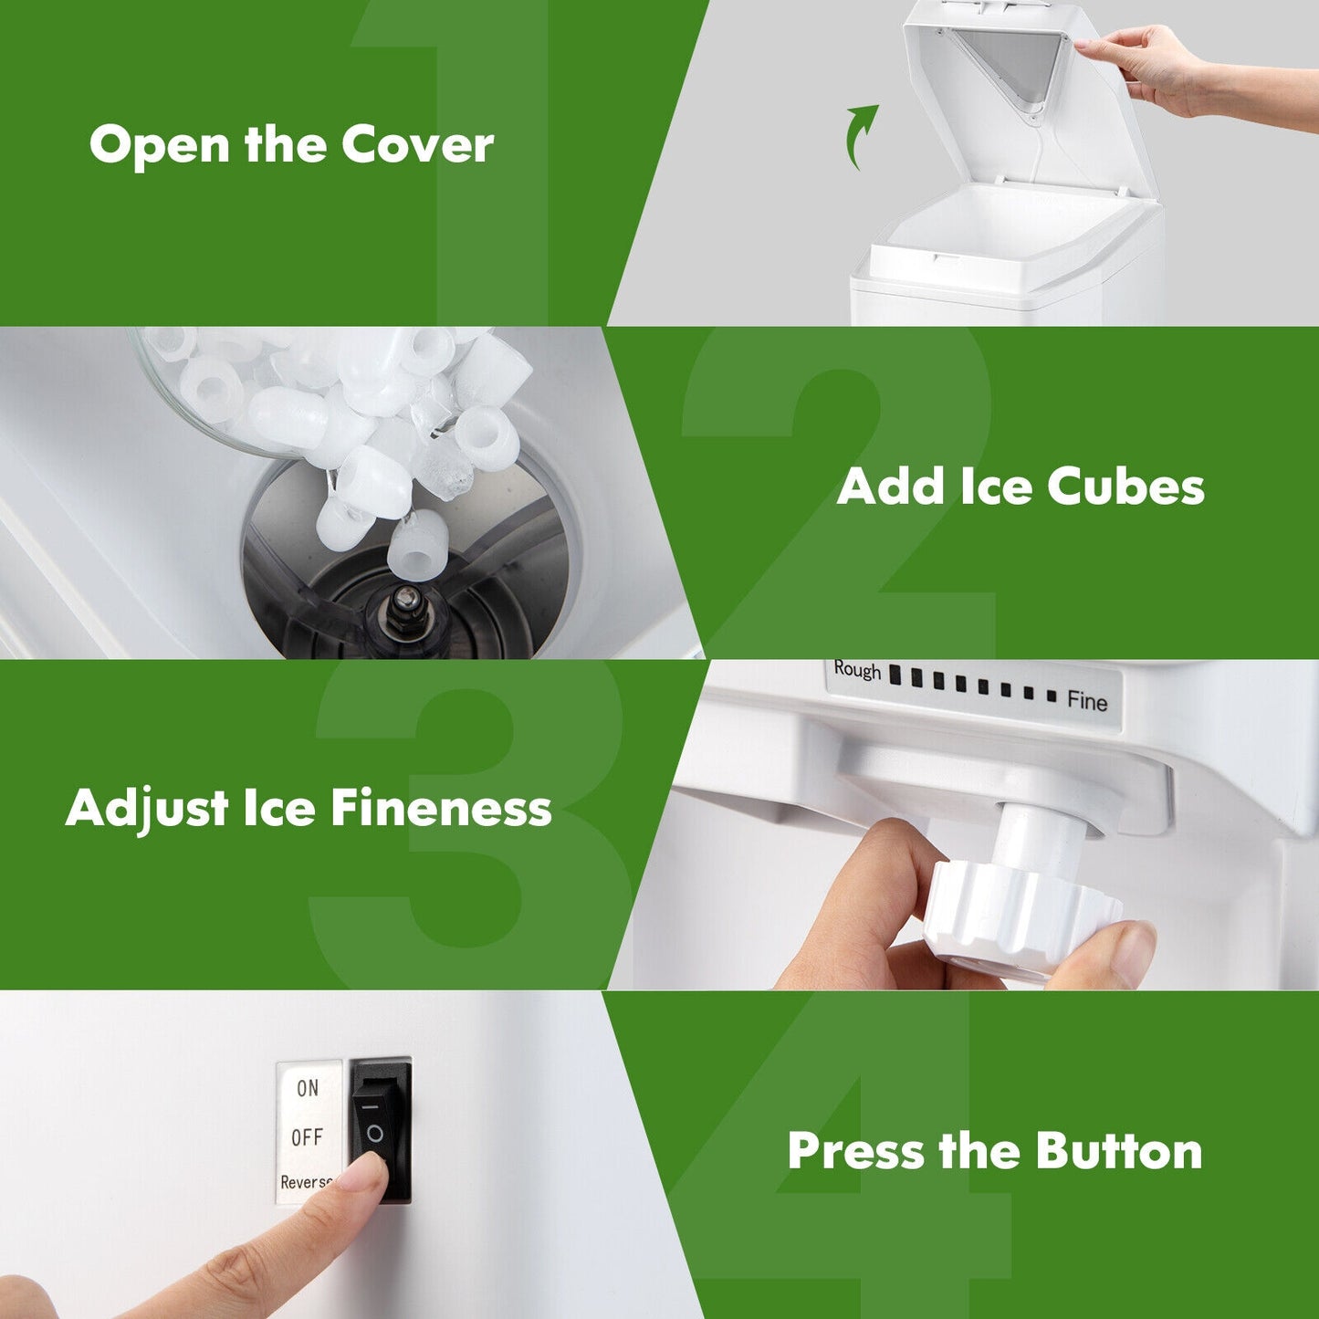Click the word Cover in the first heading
(x=417, y=144)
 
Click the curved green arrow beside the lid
(x=860, y=136)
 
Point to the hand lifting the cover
(x=1150, y=68)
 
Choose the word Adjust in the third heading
(x=147, y=810)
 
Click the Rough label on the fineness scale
(x=857, y=670)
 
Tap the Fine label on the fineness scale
(x=1087, y=700)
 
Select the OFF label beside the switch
(x=307, y=1137)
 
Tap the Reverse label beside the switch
(x=306, y=1182)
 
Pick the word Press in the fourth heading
(x=856, y=1150)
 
